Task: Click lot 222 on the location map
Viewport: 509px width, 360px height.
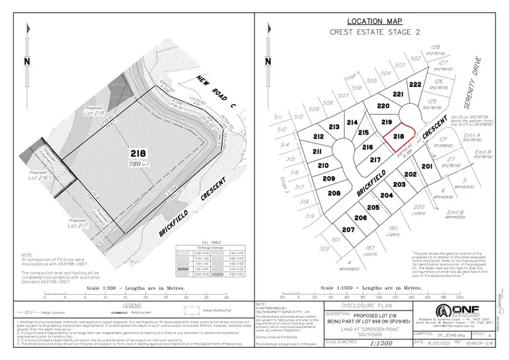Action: (415, 84)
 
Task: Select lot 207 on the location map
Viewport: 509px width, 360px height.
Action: (348, 230)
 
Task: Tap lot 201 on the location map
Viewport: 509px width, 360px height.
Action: (427, 166)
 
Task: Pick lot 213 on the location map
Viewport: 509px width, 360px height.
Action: (333, 128)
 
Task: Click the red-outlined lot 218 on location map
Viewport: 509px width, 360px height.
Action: (398, 137)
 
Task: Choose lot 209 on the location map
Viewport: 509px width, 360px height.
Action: (328, 179)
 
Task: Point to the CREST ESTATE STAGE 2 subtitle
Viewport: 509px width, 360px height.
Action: (375, 32)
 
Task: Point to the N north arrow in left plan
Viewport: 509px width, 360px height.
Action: (26, 60)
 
